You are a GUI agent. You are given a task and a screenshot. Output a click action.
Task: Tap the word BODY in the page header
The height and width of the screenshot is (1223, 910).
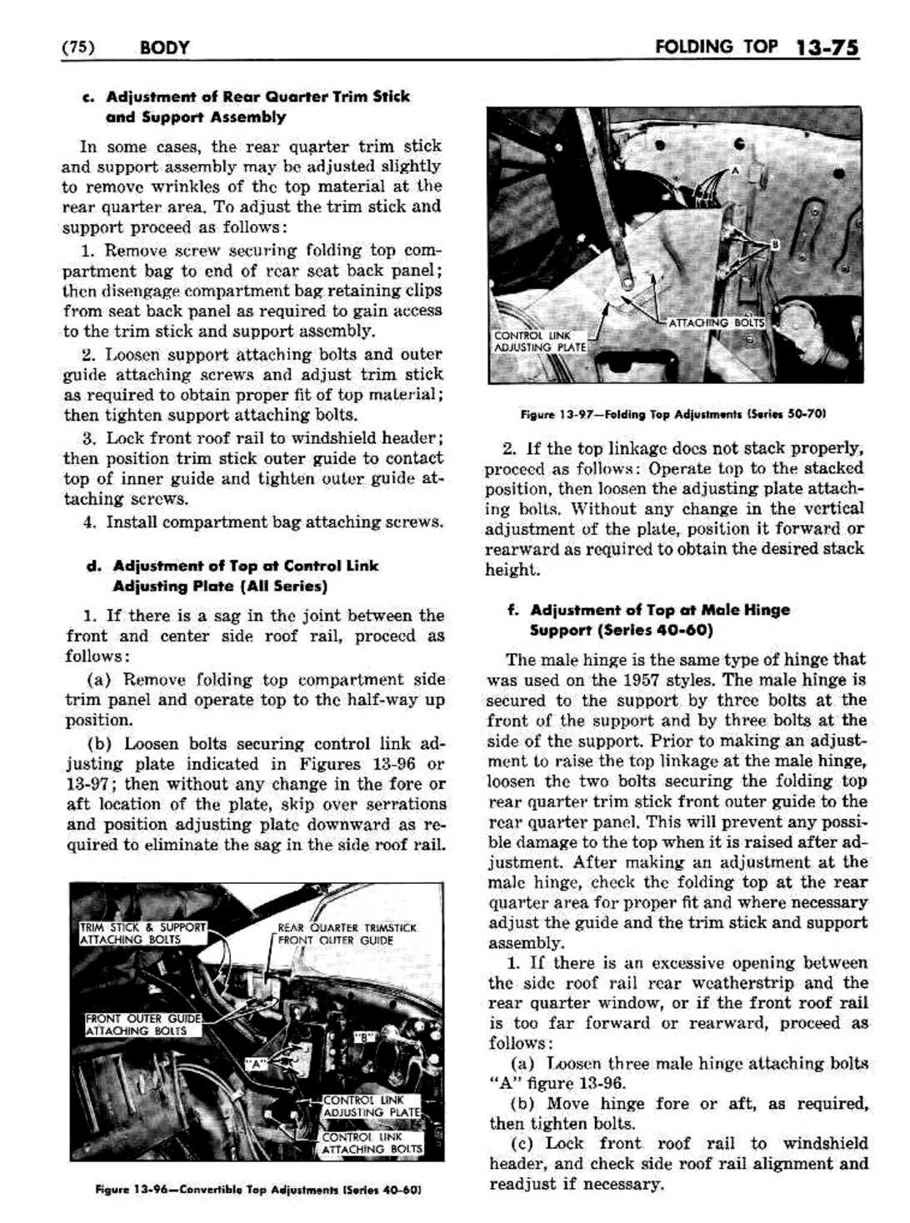[164, 47]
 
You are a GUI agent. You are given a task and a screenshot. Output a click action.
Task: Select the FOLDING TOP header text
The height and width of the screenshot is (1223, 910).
[716, 46]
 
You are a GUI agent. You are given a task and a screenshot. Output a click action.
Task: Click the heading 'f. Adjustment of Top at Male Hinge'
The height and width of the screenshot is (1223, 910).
[648, 610]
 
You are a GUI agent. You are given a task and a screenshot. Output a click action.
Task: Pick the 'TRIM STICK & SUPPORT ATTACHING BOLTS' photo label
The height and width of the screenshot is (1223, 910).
[142, 933]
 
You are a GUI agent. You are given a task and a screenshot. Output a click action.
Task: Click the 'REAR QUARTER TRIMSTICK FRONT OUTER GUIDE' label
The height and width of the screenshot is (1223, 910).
[347, 934]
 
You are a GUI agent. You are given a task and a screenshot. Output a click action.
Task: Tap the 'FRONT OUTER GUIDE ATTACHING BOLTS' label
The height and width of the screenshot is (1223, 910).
[143, 1024]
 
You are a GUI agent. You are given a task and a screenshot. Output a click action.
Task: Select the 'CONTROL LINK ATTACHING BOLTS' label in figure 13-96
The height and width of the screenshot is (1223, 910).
[372, 1142]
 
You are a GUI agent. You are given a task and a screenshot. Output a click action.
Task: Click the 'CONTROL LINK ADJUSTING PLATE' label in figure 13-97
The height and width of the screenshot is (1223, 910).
[540, 342]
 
